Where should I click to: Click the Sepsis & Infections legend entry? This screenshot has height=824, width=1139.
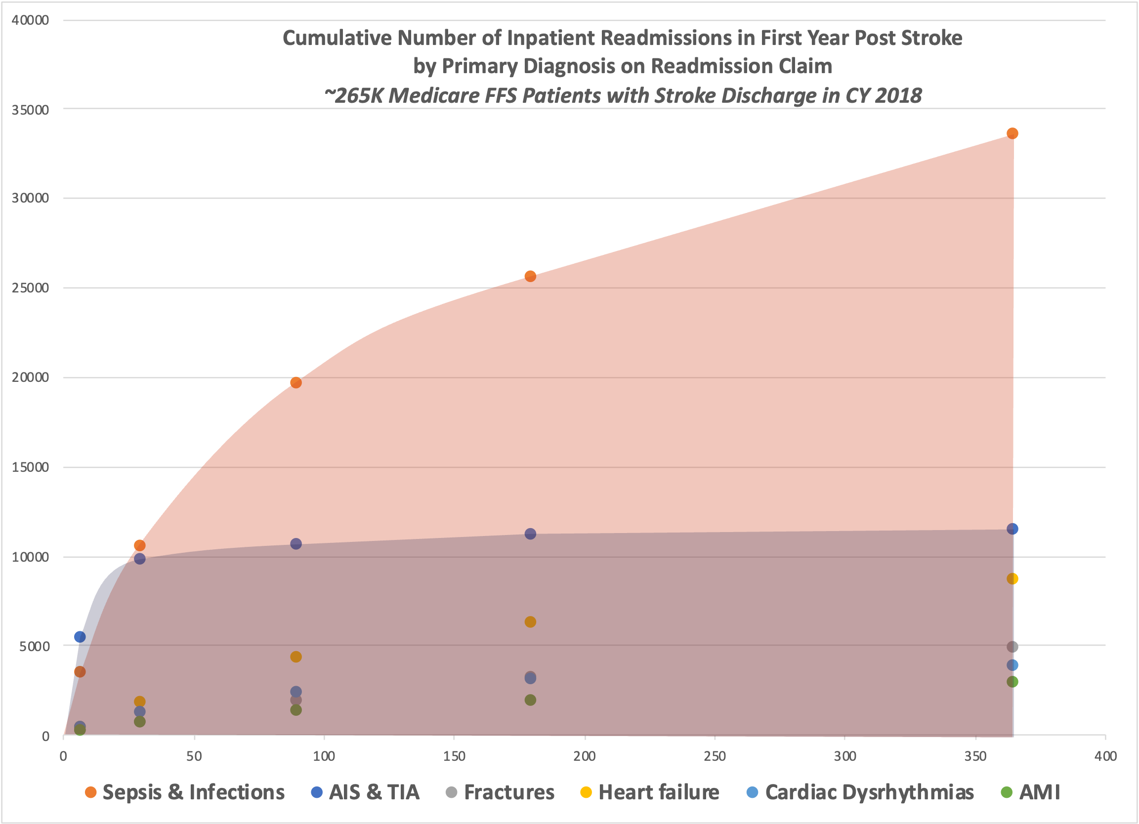pyautogui.click(x=185, y=792)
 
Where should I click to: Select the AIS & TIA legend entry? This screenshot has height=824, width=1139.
pyautogui.click(x=366, y=792)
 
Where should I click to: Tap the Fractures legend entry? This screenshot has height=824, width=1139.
pyautogui.click(x=500, y=792)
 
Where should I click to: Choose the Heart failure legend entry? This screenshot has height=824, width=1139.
pyautogui.click(x=650, y=792)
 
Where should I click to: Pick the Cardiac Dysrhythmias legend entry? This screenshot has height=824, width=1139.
pyautogui.click(x=860, y=792)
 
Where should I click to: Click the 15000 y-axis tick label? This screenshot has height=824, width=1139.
pyautogui.click(x=30, y=467)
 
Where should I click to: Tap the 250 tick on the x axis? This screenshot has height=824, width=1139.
pyautogui.click(x=715, y=756)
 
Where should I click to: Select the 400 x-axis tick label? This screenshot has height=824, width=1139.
pyautogui.click(x=1105, y=756)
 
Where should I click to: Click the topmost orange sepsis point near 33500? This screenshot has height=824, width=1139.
pyautogui.click(x=1012, y=133)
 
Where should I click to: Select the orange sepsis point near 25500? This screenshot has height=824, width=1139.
pyautogui.click(x=530, y=276)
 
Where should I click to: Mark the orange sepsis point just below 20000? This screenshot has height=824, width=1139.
pyautogui.click(x=296, y=383)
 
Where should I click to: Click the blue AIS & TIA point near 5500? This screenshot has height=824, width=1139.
pyautogui.click(x=80, y=637)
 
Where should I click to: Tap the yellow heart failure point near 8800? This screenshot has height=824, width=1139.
pyautogui.click(x=1012, y=578)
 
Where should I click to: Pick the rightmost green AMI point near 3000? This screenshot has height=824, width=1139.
pyautogui.click(x=1012, y=681)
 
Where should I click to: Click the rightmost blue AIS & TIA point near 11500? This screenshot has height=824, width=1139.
pyautogui.click(x=1012, y=529)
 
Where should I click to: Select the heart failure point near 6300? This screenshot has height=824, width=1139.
pyautogui.click(x=530, y=621)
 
